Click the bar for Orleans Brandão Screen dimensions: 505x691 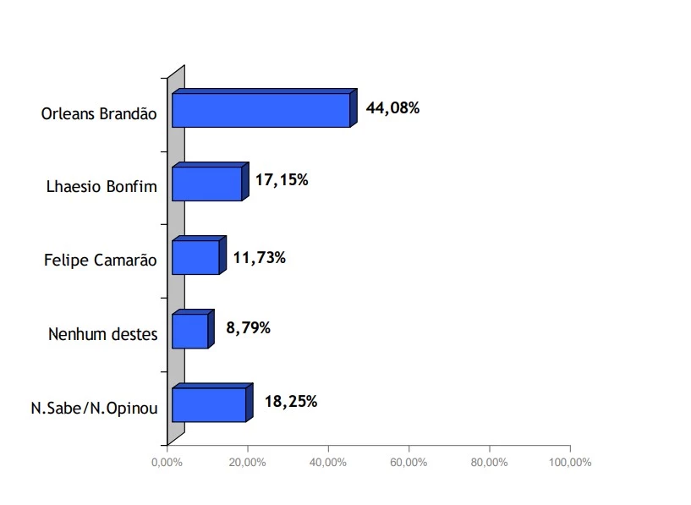(x=260, y=110)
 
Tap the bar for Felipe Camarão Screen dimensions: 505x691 (x=195, y=257)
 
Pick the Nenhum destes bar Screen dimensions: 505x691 (x=189, y=331)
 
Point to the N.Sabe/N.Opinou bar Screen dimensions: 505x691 (x=208, y=404)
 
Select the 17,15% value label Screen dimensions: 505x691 (x=281, y=180)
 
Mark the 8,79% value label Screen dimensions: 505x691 (x=247, y=327)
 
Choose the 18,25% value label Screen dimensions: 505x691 (x=290, y=402)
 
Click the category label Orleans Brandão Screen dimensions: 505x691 (x=100, y=113)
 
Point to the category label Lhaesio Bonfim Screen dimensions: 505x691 (x=101, y=187)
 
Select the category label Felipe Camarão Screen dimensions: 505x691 (x=101, y=261)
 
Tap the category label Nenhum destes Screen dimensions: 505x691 (x=103, y=334)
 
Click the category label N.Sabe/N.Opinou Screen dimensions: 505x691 (x=95, y=408)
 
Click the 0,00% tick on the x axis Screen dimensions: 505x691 (x=167, y=463)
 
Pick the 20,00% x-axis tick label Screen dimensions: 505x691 (x=247, y=463)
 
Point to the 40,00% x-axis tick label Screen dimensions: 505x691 (x=327, y=463)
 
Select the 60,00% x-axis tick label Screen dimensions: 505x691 (x=409, y=463)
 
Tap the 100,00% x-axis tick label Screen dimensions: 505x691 (x=570, y=463)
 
